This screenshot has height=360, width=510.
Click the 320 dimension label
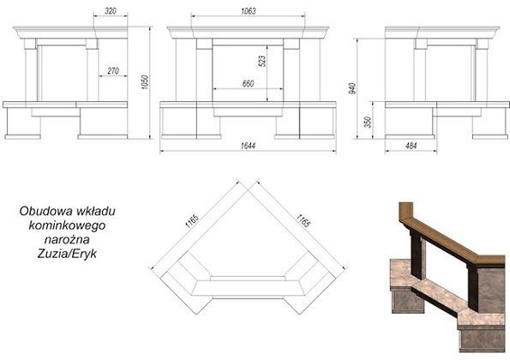(x=111, y=11)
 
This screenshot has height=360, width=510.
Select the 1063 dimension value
(x=249, y=11)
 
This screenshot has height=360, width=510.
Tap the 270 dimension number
(x=113, y=70)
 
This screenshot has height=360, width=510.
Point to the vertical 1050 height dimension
(x=145, y=82)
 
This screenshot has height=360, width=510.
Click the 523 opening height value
(x=262, y=61)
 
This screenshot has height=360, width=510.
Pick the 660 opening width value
(x=248, y=84)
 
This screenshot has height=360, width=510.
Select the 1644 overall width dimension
(x=248, y=146)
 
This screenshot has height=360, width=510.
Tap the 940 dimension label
(x=352, y=88)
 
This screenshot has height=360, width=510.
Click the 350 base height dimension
(x=368, y=122)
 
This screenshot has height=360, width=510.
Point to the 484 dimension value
(x=411, y=146)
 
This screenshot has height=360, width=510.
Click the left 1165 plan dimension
(x=192, y=221)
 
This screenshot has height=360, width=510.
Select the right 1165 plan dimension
(x=303, y=221)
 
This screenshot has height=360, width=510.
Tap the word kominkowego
(x=67, y=225)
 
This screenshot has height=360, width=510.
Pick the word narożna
(x=67, y=239)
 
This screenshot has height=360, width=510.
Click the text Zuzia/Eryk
(x=67, y=254)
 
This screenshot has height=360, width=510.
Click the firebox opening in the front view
(x=248, y=73)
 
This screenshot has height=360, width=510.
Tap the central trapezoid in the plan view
(x=248, y=288)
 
